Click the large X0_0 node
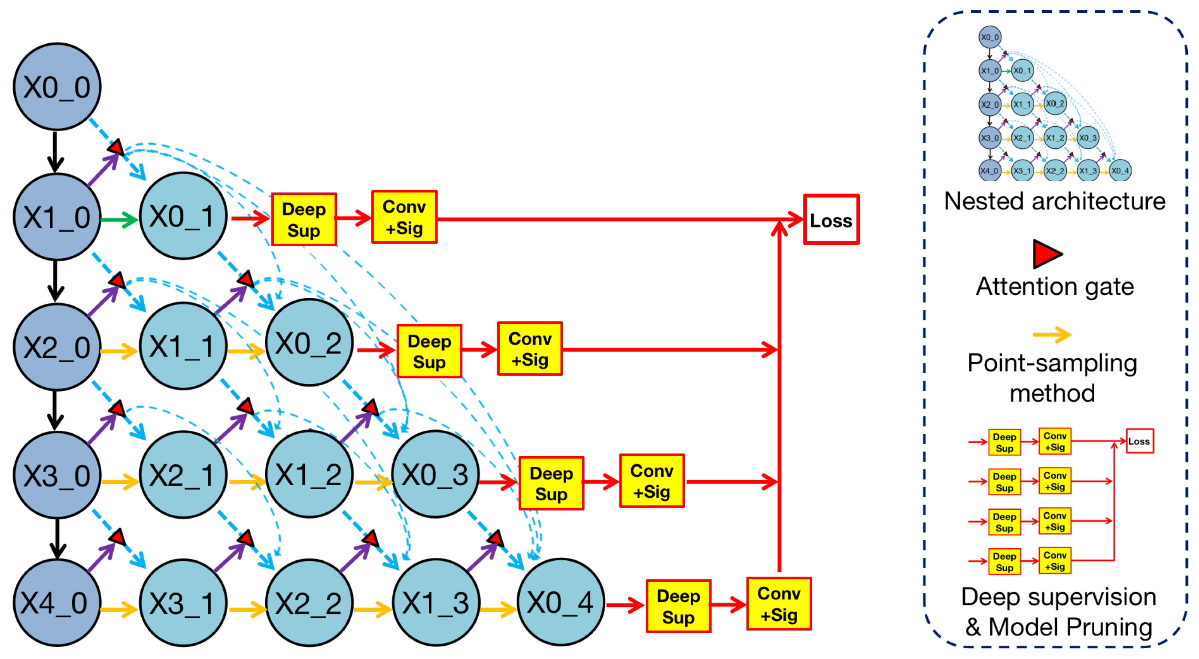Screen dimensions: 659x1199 click(57, 87)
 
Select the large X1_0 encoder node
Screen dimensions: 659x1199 click(57, 217)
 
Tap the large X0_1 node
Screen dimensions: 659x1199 click(183, 216)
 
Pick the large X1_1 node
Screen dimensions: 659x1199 click(183, 346)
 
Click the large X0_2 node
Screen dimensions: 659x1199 click(309, 343)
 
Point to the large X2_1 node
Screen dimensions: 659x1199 click(183, 475)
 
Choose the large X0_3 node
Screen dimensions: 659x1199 click(435, 475)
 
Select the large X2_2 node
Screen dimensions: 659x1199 click(309, 603)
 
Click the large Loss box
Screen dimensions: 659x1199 click(831, 220)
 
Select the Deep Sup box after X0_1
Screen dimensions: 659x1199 click(304, 220)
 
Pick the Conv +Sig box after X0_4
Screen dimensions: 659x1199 click(779, 604)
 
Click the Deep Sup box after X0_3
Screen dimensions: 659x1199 click(551, 483)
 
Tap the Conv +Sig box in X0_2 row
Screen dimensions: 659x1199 click(530, 349)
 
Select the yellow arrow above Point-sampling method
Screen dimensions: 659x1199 click(1052, 334)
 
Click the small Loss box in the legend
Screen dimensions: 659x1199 click(1139, 441)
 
